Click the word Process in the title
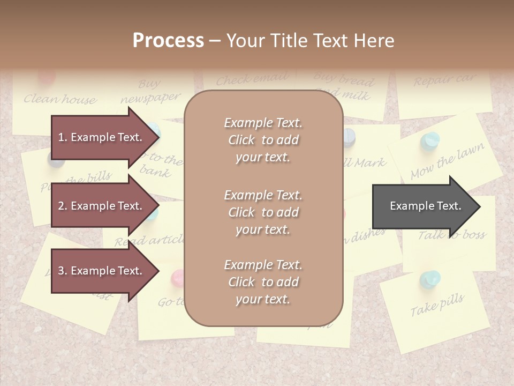[x=168, y=40]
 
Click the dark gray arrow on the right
[x=423, y=206]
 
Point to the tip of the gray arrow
[x=479, y=206]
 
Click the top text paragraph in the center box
[x=263, y=140]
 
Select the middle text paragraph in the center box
[x=263, y=212]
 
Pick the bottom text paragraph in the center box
[x=263, y=282]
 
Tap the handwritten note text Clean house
[x=60, y=99]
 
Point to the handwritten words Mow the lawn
[x=448, y=161]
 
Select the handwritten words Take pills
[x=437, y=305]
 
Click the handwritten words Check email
[x=252, y=80]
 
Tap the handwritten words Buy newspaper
[x=150, y=92]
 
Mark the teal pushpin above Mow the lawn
[x=429, y=140]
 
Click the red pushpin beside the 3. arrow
[x=177, y=277]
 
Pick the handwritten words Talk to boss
[x=452, y=234]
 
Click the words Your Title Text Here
[x=310, y=40]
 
